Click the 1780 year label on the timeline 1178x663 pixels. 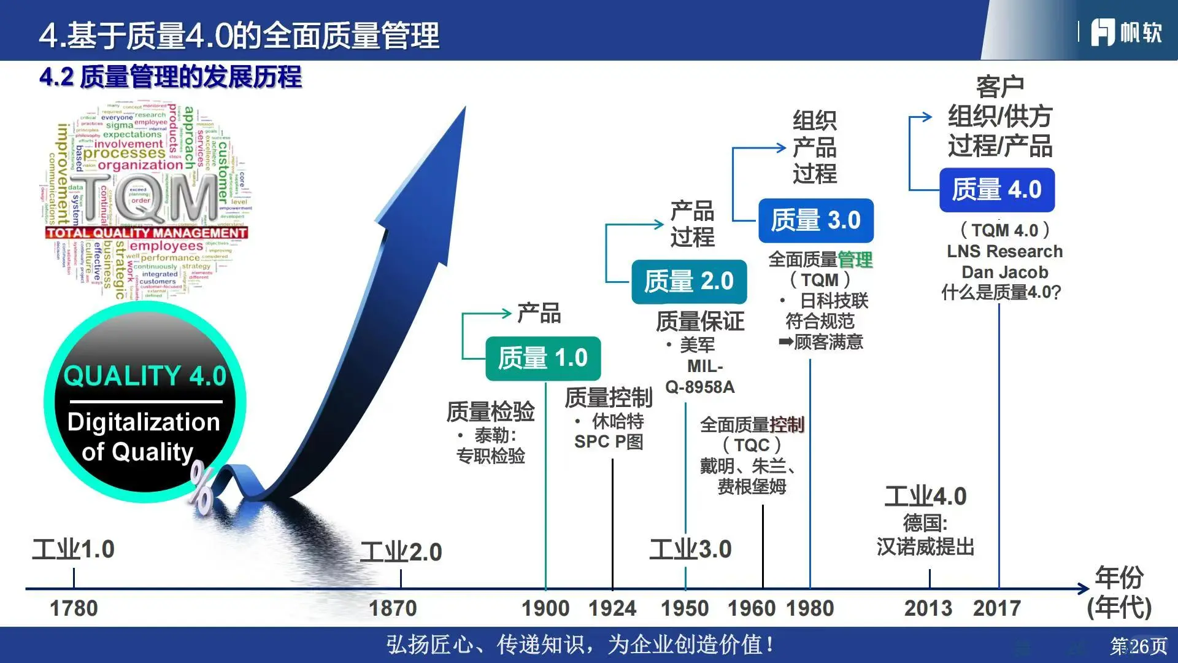pyautogui.click(x=74, y=608)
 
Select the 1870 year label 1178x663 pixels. pyautogui.click(x=393, y=608)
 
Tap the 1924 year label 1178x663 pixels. pyautogui.click(x=612, y=608)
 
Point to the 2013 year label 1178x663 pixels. pyautogui.click(x=928, y=608)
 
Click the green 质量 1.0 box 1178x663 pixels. pyautogui.click(x=542, y=358)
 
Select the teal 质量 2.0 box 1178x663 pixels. pyautogui.click(x=688, y=281)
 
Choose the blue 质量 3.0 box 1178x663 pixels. pyautogui.click(x=815, y=220)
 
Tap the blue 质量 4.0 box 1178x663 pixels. pyautogui.click(x=996, y=190)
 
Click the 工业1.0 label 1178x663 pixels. pyautogui.click(x=74, y=549)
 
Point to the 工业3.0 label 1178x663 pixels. pyautogui.click(x=690, y=549)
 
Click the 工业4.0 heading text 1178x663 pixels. pyautogui.click(x=925, y=496)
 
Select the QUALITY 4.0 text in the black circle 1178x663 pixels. pyautogui.click(x=145, y=376)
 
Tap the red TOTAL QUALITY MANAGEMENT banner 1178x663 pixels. pyautogui.click(x=146, y=233)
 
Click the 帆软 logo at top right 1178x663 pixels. pyautogui.click(x=1126, y=33)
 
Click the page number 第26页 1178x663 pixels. pyautogui.click(x=1138, y=646)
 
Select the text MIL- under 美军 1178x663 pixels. pyautogui.click(x=705, y=366)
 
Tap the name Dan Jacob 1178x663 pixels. pyautogui.click(x=1004, y=272)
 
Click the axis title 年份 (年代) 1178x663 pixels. pyautogui.click(x=1119, y=592)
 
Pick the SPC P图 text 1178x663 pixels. pyautogui.click(x=609, y=442)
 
